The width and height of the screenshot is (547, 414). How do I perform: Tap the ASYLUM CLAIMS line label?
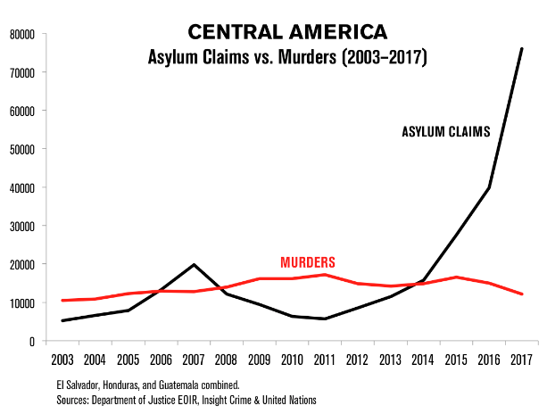pos(446,132)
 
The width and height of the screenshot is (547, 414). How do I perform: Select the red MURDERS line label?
pos(308,262)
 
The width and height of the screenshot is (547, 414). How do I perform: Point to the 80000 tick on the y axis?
pos(19,34)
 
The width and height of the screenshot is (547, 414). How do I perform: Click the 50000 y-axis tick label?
pos(19,149)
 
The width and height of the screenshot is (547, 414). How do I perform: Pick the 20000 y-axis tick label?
pos(19,264)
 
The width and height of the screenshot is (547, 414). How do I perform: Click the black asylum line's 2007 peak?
pos(194,264)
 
